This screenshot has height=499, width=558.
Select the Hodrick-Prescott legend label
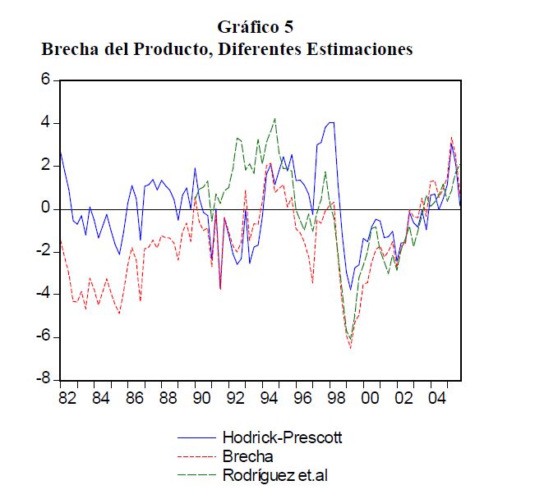pos(282,437)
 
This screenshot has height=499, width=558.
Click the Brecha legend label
pos(247,456)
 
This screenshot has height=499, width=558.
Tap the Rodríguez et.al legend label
pos(275,474)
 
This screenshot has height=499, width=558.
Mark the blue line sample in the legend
pos(196,437)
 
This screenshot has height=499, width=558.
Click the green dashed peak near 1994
pos(274,119)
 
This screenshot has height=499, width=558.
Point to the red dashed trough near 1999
pos(351,348)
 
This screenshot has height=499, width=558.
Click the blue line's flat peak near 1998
pos(330,123)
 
